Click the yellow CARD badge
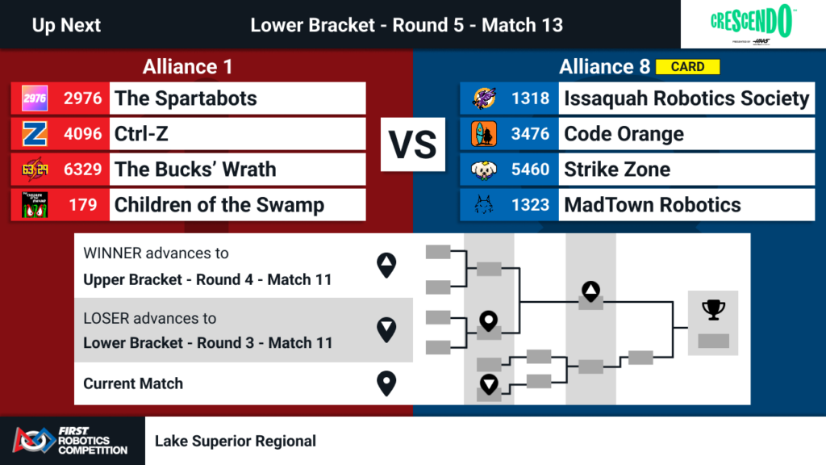pyautogui.click(x=687, y=67)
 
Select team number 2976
pyautogui.click(x=82, y=98)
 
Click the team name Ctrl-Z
pyautogui.click(x=142, y=134)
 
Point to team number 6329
pyautogui.click(x=82, y=170)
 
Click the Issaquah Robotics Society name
pyautogui.click(x=686, y=98)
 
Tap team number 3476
pyautogui.click(x=530, y=134)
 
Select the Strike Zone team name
pyautogui.click(x=617, y=170)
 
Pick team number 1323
pyautogui.click(x=530, y=205)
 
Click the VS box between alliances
pyautogui.click(x=413, y=145)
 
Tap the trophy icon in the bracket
pyautogui.click(x=713, y=310)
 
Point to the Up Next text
pyautogui.click(x=66, y=25)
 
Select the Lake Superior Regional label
pyautogui.click(x=236, y=441)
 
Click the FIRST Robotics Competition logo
pyautogui.click(x=71, y=441)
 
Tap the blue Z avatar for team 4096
pyautogui.click(x=35, y=134)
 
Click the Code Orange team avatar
pyautogui.click(x=484, y=134)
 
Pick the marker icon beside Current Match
pyautogui.click(x=387, y=383)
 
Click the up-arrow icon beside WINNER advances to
pyautogui.click(x=387, y=266)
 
